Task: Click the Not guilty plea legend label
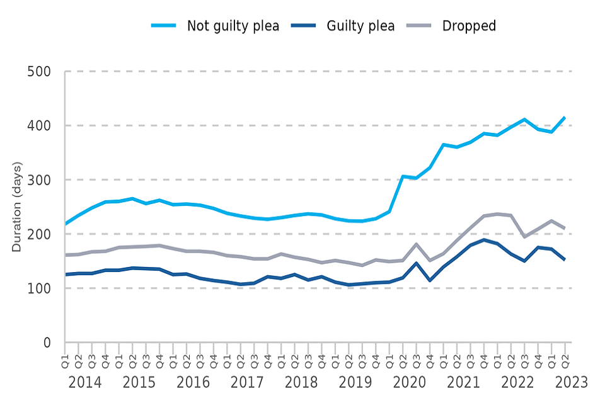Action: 233,26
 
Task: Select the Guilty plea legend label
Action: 360,26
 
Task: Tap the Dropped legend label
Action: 469,26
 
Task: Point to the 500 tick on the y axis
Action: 40,71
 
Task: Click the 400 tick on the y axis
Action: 40,125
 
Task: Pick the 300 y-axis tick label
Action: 40,180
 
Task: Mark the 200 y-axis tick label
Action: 40,234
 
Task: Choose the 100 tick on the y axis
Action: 40,288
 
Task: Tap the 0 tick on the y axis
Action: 47,343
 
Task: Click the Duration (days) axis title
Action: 17,207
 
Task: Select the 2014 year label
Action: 85,382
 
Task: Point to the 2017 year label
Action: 247,382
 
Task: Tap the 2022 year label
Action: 517,382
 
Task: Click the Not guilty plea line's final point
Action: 565,117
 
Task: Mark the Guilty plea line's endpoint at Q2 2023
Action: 565,259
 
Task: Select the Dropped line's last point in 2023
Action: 565,228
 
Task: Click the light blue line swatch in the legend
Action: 165,26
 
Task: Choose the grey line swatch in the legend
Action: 418,26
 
